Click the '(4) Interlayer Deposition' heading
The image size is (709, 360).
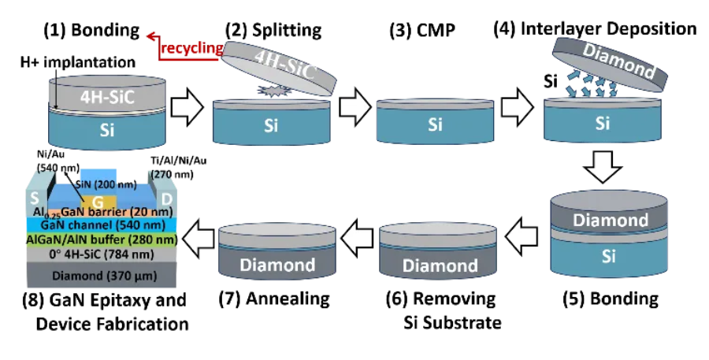(x=595, y=28)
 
